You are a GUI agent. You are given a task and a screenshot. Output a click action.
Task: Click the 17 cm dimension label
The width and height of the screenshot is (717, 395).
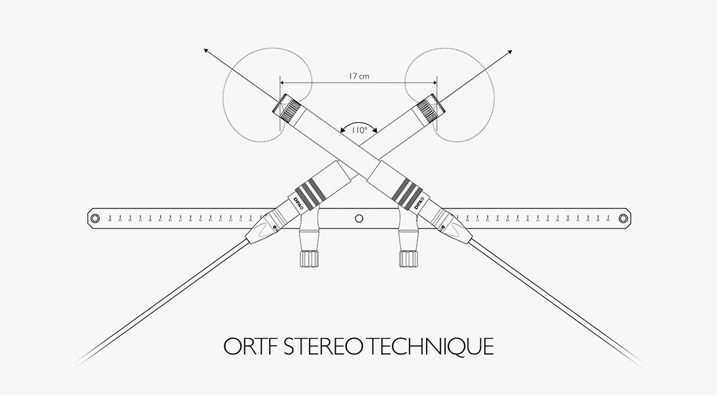[358, 77]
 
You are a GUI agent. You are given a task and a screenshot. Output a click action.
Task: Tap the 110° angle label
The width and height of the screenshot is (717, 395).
[358, 129]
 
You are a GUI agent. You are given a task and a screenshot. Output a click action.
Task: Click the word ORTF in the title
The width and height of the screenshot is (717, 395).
[249, 347]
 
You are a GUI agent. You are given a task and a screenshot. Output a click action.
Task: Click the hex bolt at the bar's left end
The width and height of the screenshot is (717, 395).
[94, 218]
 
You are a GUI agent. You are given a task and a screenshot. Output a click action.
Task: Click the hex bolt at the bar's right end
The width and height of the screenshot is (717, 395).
[623, 218]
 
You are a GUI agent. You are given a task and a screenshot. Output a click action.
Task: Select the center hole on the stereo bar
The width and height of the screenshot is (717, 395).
[359, 218]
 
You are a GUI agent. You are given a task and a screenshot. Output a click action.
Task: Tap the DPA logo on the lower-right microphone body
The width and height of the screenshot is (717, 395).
[420, 204]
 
